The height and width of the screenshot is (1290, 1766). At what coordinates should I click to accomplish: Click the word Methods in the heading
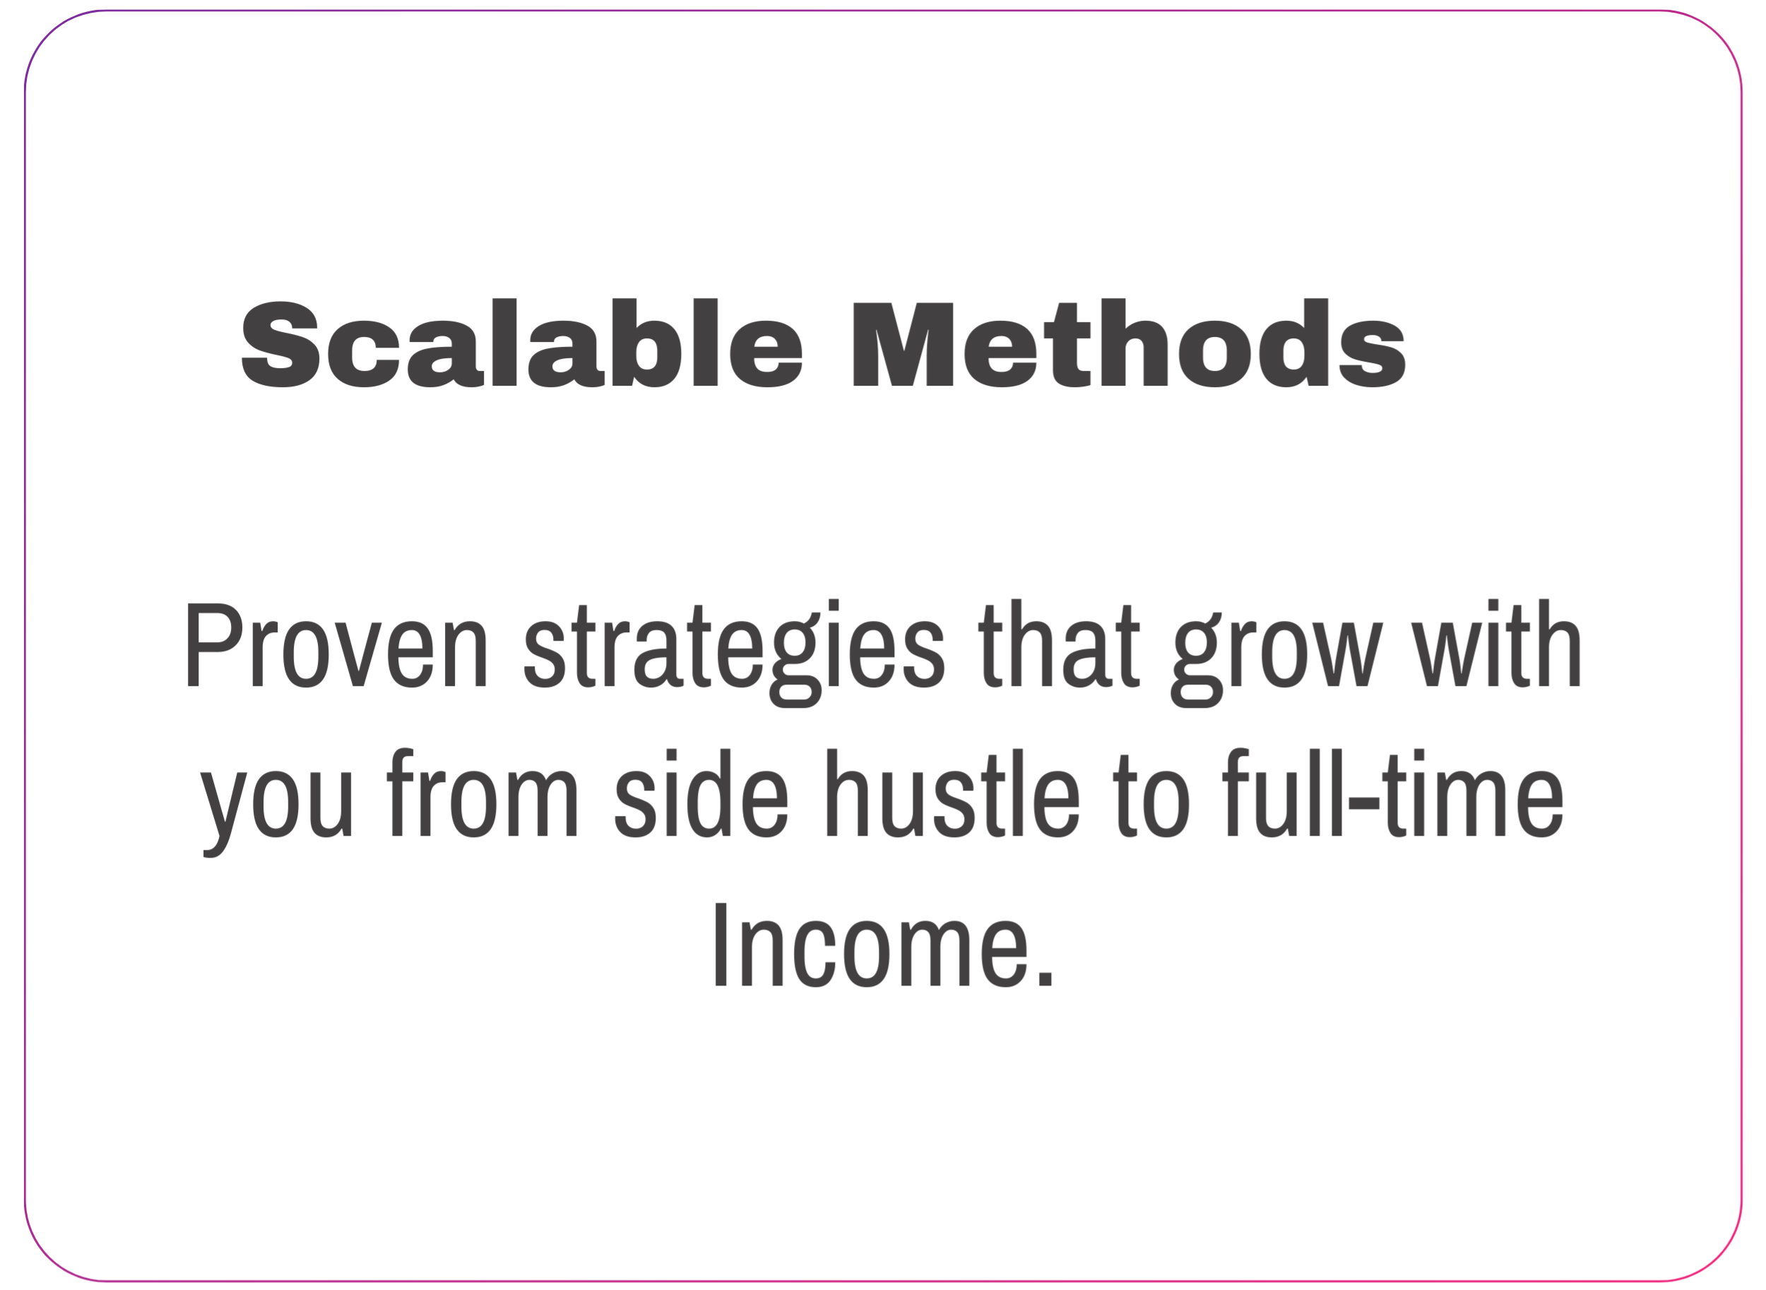pyautogui.click(x=1130, y=342)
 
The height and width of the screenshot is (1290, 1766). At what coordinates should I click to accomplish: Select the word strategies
pyautogui.click(x=734, y=653)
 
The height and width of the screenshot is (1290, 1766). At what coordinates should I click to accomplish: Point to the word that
pyautogui.click(x=1060, y=644)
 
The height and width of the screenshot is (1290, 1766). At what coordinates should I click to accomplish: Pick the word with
pyautogui.click(x=1496, y=644)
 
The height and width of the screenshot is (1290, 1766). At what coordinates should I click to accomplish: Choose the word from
pyautogui.click(x=482, y=793)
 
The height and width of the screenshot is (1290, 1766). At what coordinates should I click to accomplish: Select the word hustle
pyautogui.click(x=953, y=793)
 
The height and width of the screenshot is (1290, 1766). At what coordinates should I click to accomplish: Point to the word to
pyautogui.click(x=1151, y=795)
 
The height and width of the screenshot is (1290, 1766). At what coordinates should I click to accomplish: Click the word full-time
pyautogui.click(x=1394, y=793)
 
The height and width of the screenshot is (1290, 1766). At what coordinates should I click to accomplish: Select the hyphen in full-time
pyautogui.click(x=1364, y=803)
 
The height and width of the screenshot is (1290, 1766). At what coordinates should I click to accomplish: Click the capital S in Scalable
pyautogui.click(x=281, y=343)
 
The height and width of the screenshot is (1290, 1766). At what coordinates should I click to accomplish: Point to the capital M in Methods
pyautogui.click(x=903, y=344)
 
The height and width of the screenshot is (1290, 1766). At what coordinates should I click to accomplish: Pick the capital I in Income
pyautogui.click(x=721, y=944)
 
